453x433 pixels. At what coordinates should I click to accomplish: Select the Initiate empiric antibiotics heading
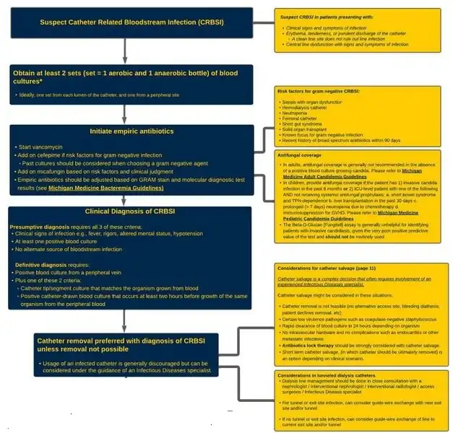131,131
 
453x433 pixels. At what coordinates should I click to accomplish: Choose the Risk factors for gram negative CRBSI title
319,92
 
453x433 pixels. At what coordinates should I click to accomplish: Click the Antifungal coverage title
303,154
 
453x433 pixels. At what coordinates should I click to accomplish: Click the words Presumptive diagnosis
40,227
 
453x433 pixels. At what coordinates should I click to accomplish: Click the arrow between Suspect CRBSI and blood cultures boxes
126,51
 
